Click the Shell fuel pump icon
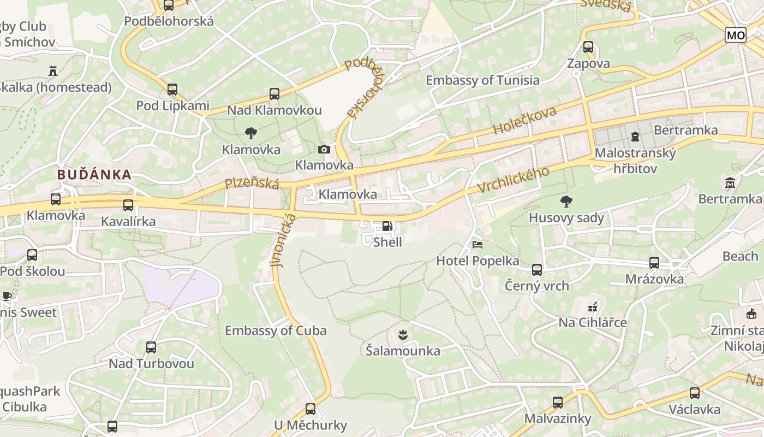click(x=386, y=226)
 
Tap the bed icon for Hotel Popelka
click(x=477, y=244)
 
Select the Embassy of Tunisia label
click(x=482, y=80)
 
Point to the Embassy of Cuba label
click(x=276, y=330)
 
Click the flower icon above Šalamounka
click(x=403, y=334)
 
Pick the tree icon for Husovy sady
click(x=566, y=202)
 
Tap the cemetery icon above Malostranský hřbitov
click(x=635, y=136)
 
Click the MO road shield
click(x=735, y=36)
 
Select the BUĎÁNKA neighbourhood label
click(x=94, y=175)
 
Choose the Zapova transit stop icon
click(x=588, y=47)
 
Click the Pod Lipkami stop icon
click(x=172, y=89)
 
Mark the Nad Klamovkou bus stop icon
click(x=274, y=94)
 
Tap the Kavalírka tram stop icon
click(x=128, y=205)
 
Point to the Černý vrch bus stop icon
click(x=537, y=269)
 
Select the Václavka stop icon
click(x=694, y=393)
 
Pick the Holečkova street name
click(x=524, y=121)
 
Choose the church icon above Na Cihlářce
click(x=593, y=306)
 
